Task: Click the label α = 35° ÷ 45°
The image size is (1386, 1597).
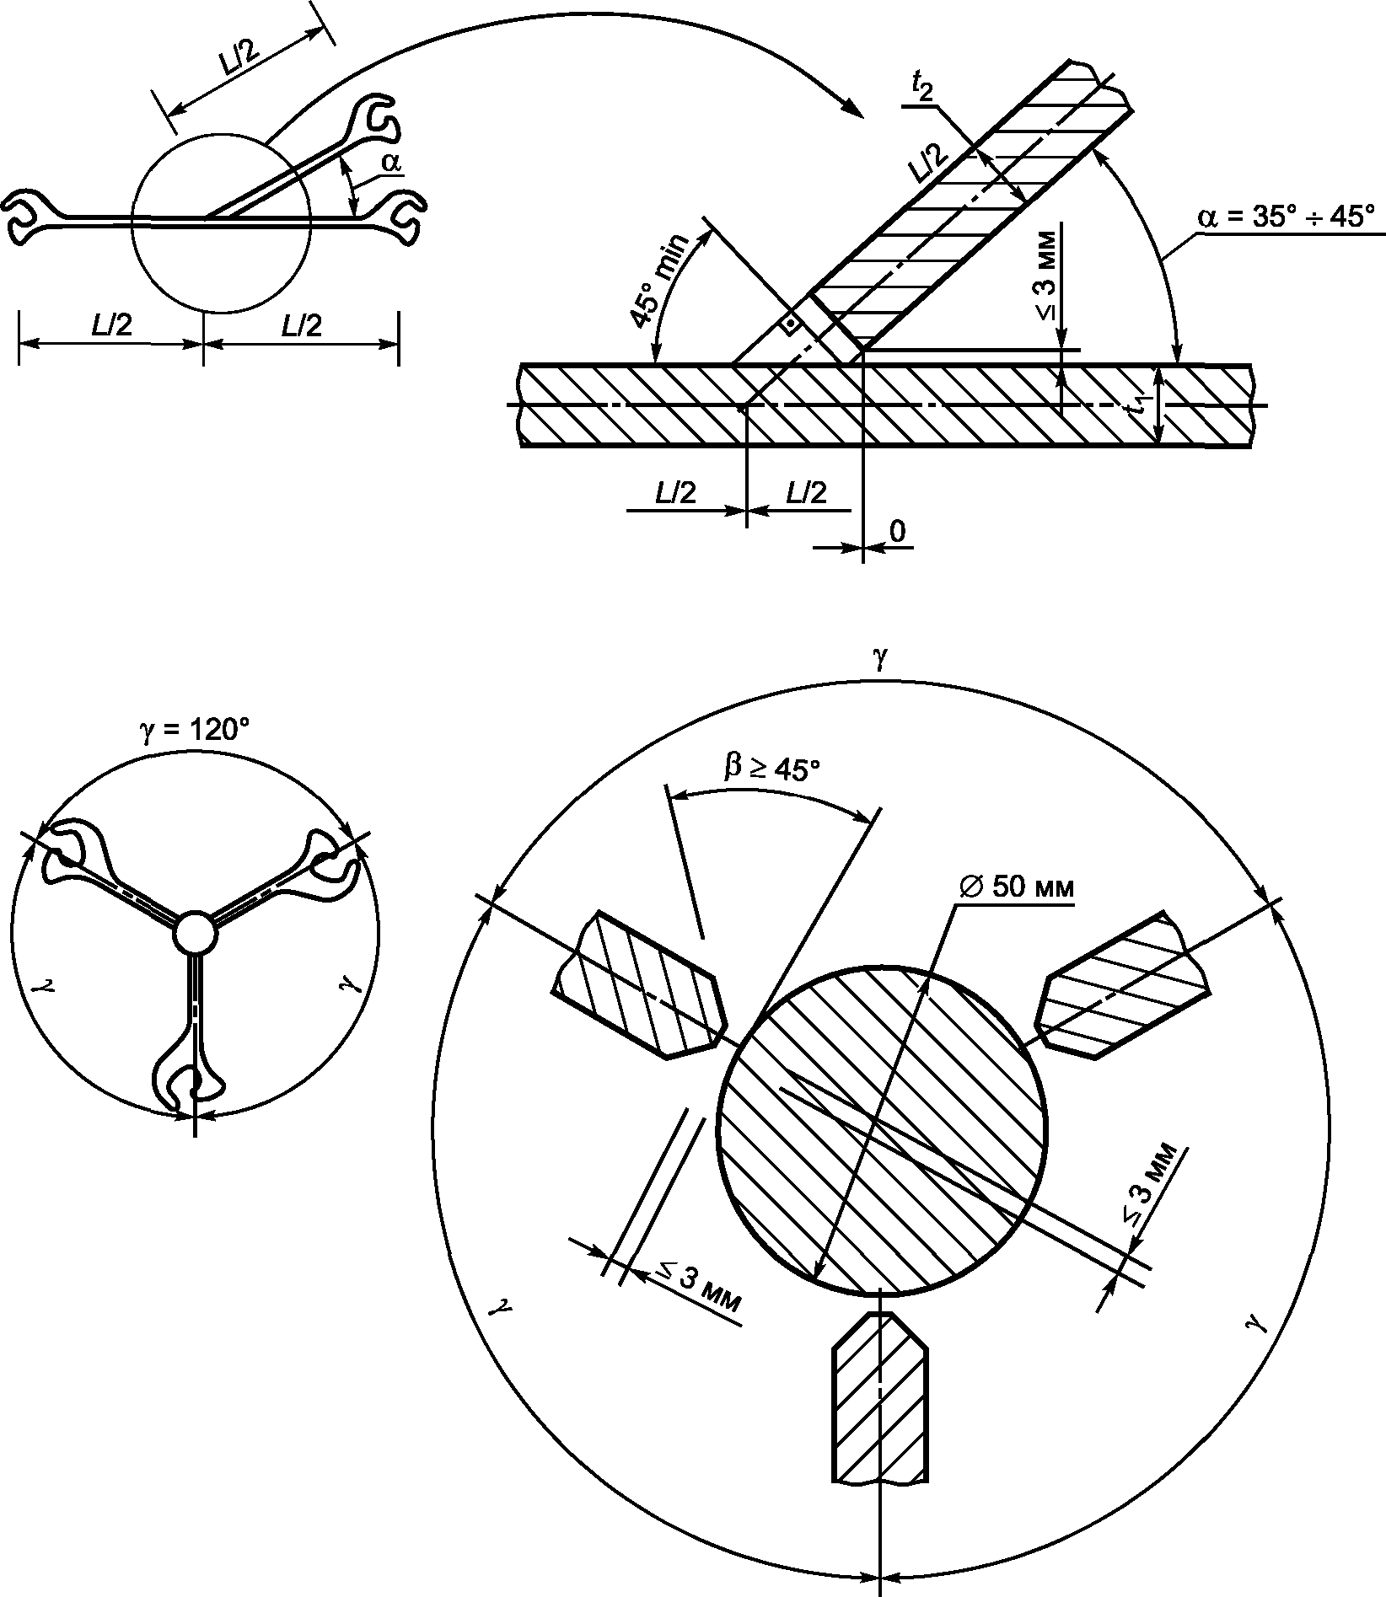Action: pyautogui.click(x=1287, y=217)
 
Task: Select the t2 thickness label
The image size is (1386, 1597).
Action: pyautogui.click(x=922, y=87)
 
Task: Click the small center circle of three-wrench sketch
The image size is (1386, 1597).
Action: pyautogui.click(x=195, y=932)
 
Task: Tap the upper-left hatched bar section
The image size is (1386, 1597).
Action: pyautogui.click(x=638, y=984)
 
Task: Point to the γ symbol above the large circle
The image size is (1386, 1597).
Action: pyautogui.click(x=882, y=656)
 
